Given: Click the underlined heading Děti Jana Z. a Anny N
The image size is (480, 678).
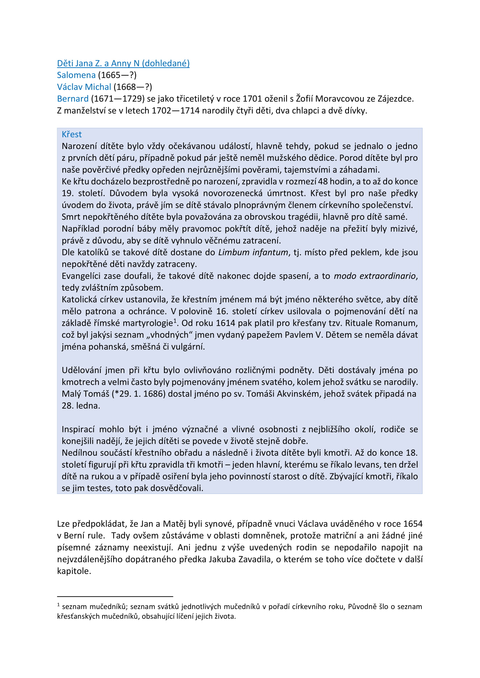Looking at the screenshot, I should tap(123, 63).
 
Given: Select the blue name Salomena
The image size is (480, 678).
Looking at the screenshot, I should tap(76, 75).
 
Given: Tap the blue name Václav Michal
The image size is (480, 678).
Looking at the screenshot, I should tap(84, 87).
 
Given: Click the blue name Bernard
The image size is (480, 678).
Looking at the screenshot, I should tap(73, 99).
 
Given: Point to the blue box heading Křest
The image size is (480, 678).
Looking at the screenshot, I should tap(71, 134).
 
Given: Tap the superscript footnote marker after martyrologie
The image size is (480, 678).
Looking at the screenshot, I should tap(175, 321).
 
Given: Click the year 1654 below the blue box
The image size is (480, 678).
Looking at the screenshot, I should tap(413, 524).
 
